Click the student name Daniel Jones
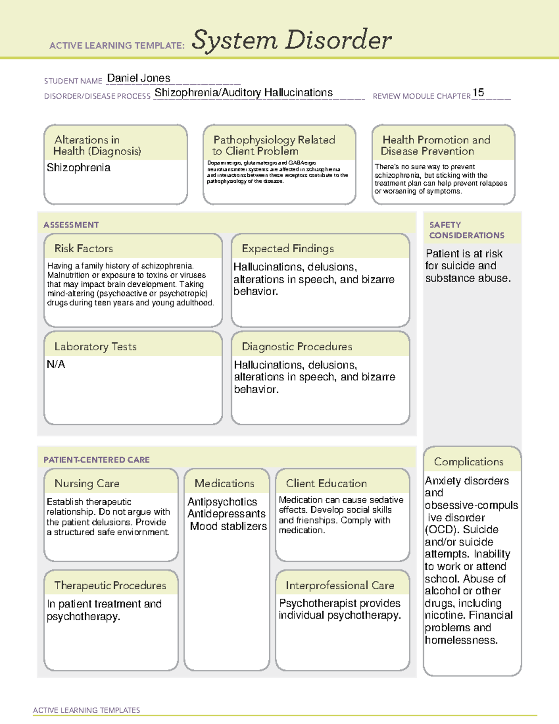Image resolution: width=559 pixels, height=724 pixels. [138, 78]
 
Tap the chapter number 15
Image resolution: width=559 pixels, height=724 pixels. [478, 92]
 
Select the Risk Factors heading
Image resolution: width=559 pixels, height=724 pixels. [83, 248]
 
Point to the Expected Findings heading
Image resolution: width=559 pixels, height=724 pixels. [287, 248]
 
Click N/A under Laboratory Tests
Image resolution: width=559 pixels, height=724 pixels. [56, 365]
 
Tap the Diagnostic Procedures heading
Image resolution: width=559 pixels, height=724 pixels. [297, 346]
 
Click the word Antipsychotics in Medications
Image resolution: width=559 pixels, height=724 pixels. [222, 502]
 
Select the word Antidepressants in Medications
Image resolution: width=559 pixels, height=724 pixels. [226, 514]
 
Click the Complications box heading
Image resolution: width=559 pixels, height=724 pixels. [469, 462]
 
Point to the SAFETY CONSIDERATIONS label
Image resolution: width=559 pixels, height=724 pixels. [466, 230]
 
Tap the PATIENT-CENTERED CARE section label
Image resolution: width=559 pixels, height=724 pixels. [96, 460]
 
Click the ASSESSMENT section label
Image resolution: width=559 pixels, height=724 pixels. [71, 225]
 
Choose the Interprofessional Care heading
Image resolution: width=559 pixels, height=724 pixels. [340, 585]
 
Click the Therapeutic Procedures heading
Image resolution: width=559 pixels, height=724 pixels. [110, 585]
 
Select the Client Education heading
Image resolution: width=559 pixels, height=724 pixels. [326, 483]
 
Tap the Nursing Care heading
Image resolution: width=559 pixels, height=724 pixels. [87, 483]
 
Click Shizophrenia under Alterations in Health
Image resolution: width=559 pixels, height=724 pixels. [78, 168]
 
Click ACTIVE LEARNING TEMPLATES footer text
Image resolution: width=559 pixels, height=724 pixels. [86, 710]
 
